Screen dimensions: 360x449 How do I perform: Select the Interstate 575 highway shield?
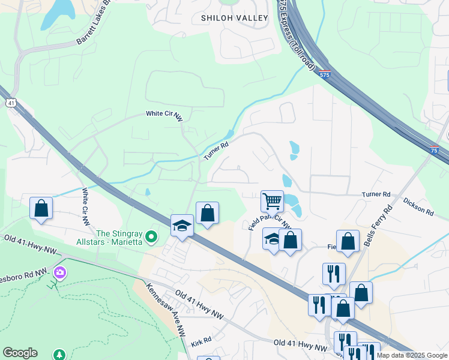click(x=325, y=74)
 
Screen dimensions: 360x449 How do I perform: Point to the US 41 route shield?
click(x=11, y=103)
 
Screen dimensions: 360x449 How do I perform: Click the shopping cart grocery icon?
click(x=273, y=200)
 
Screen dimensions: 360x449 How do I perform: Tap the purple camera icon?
click(x=59, y=273)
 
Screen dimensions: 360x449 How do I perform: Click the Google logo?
click(x=20, y=353)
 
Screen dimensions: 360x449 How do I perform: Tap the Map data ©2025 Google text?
click(x=412, y=355)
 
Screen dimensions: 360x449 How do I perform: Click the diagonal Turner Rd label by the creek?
click(x=216, y=151)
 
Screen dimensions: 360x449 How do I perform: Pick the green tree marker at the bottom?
click(x=59, y=355)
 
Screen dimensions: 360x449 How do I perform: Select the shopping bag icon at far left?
click(x=41, y=208)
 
